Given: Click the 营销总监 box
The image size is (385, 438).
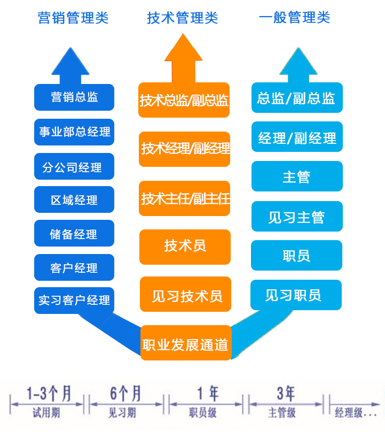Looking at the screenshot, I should [74, 97].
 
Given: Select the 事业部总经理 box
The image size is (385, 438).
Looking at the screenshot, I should [74, 132].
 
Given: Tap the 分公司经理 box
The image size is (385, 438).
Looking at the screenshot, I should [74, 167].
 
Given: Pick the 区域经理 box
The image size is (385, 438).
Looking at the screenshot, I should [74, 200].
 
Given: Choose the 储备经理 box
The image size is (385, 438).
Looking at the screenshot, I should [74, 234].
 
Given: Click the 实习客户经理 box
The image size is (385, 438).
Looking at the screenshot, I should [74, 300].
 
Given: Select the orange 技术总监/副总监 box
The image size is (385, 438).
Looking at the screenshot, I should [184, 100].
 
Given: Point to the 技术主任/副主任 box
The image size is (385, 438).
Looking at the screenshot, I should [185, 198].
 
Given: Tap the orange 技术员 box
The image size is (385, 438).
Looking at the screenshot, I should [185, 247].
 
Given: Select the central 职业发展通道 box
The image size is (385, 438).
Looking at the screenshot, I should [186, 343].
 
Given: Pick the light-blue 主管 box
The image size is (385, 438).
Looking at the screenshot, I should [296, 176].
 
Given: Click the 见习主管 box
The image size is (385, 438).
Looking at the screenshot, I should [296, 217].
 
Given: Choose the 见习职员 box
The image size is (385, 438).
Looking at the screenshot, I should [295, 295].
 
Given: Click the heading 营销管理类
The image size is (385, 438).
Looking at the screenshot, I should [73, 18].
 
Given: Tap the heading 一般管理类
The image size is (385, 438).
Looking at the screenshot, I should [294, 18].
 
